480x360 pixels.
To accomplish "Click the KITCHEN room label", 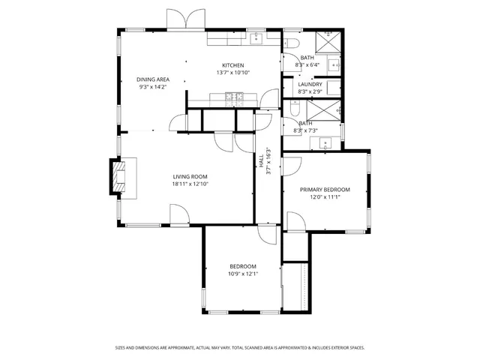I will click(x=232, y=65).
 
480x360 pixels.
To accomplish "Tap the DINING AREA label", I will click(x=152, y=79).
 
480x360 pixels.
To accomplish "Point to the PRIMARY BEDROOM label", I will click(x=325, y=190).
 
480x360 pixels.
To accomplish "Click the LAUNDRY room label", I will click(x=310, y=84).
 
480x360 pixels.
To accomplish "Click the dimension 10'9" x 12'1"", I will click(x=242, y=274).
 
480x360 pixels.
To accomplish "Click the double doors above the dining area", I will click(x=184, y=20).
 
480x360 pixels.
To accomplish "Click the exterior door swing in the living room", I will click(x=178, y=216).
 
